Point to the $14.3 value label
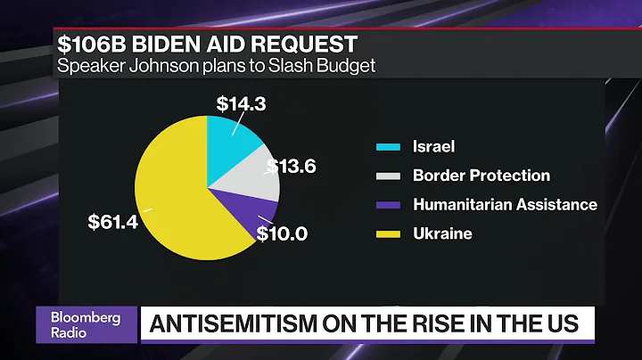tap(241, 102)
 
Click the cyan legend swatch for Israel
tap(387, 146)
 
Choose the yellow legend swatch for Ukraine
tap(387, 233)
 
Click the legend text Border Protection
tap(481, 176)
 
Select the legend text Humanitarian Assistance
tap(505, 204)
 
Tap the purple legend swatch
tap(387, 205)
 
